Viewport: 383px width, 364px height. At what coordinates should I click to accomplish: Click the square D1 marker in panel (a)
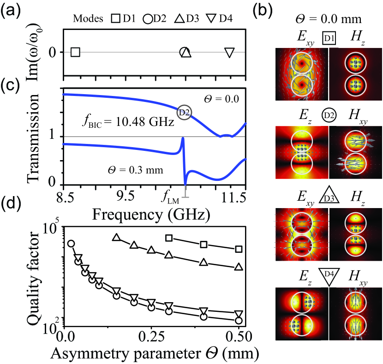click(76, 52)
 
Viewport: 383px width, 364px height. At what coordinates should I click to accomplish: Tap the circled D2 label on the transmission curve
click(185, 111)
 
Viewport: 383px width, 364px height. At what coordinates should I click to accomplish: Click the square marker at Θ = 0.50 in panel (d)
click(239, 249)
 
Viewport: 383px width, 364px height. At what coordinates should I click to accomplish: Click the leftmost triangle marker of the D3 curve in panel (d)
click(117, 238)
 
